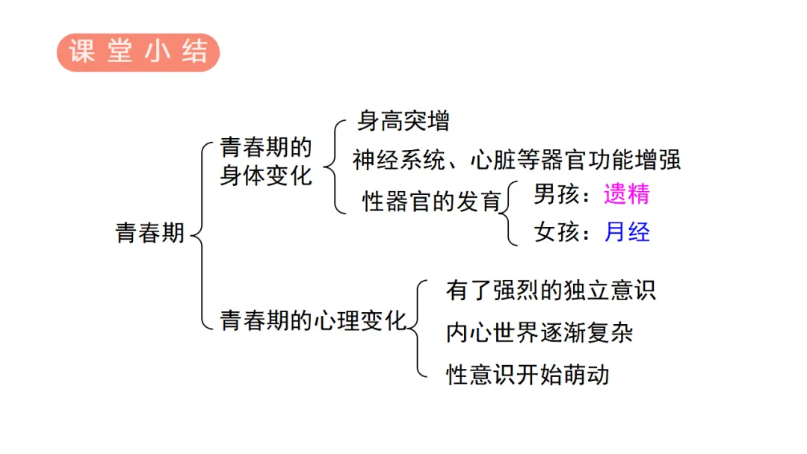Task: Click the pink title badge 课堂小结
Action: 138,52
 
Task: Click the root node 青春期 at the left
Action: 149,234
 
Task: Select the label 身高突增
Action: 403,120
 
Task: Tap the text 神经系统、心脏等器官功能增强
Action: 516,160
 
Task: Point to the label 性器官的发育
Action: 431,200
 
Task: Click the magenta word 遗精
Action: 627,194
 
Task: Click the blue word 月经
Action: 627,232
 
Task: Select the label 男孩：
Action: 562,194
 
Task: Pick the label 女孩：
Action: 562,232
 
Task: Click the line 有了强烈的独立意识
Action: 551,290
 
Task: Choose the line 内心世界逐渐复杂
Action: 539,332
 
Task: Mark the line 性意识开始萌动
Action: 527,373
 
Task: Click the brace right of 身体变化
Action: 332,166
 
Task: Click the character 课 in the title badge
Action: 80,52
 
